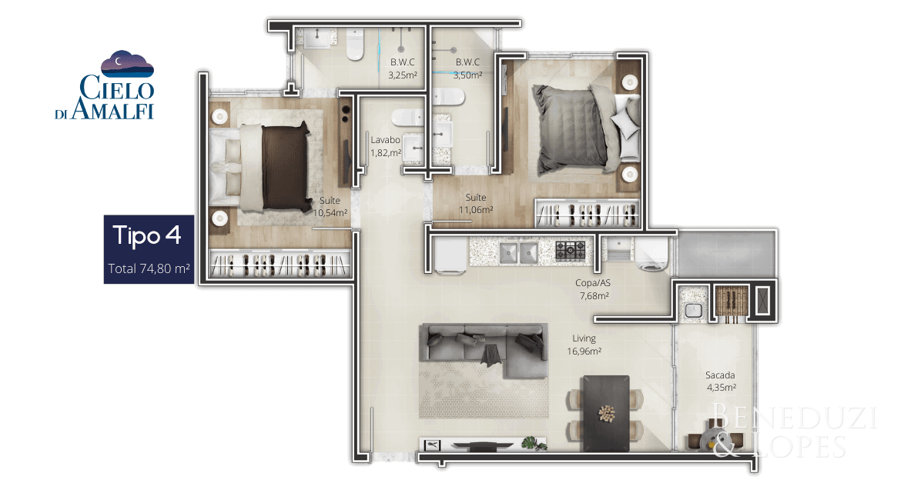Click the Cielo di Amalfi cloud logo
click(127, 64)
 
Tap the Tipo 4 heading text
click(147, 235)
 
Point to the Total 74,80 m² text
click(149, 268)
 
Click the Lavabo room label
click(385, 140)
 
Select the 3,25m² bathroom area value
click(402, 75)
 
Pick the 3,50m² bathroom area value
click(467, 75)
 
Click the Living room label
click(584, 338)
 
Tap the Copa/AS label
click(593, 283)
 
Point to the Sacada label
click(720, 375)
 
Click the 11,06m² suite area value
click(476, 210)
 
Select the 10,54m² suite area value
click(330, 213)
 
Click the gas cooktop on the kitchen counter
click(570, 250)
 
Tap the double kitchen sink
click(518, 252)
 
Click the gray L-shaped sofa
click(484, 350)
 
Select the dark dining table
click(605, 413)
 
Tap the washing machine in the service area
click(651, 254)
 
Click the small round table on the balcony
click(712, 439)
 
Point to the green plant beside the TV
click(534, 444)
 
